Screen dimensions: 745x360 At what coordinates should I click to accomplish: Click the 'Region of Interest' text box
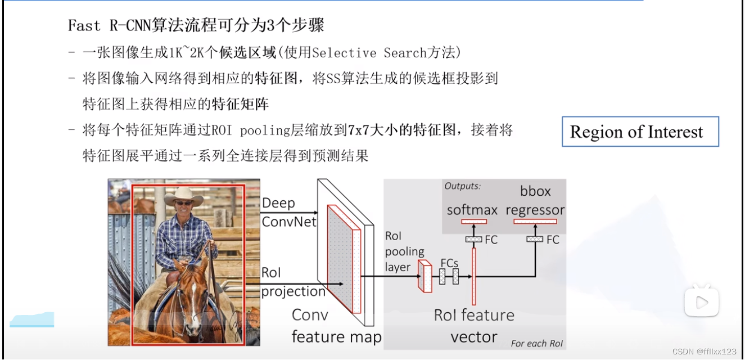pyautogui.click(x=640, y=132)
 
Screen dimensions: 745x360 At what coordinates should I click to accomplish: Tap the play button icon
pyautogui.click(x=701, y=302)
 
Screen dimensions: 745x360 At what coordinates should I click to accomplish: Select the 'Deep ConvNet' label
pyautogui.click(x=288, y=212)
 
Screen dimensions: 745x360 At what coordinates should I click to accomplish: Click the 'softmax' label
pyautogui.click(x=472, y=210)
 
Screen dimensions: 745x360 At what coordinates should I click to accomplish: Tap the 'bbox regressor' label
pyautogui.click(x=535, y=201)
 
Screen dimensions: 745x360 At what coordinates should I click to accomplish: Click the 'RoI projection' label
pyautogui.click(x=292, y=282)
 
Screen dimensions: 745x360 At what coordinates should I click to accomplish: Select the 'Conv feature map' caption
pyautogui.click(x=336, y=326)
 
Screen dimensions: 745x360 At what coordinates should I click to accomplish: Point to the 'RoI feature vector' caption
pyautogui.click(x=474, y=326)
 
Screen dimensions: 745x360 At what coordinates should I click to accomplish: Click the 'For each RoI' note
pyautogui.click(x=536, y=343)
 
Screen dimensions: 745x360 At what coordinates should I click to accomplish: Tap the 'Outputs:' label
pyautogui.click(x=462, y=186)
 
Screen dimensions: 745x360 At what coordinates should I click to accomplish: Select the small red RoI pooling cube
pyautogui.click(x=424, y=278)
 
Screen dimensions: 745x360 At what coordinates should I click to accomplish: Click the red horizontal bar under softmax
pyautogui.click(x=473, y=222)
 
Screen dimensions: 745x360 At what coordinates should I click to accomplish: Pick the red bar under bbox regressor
pyautogui.click(x=535, y=222)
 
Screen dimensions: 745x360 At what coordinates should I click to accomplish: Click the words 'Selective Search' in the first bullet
pyautogui.click(x=351, y=53)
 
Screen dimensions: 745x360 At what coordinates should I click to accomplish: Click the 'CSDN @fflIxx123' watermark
pyautogui.click(x=704, y=351)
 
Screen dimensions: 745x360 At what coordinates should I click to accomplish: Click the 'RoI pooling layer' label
pyautogui.click(x=404, y=251)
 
